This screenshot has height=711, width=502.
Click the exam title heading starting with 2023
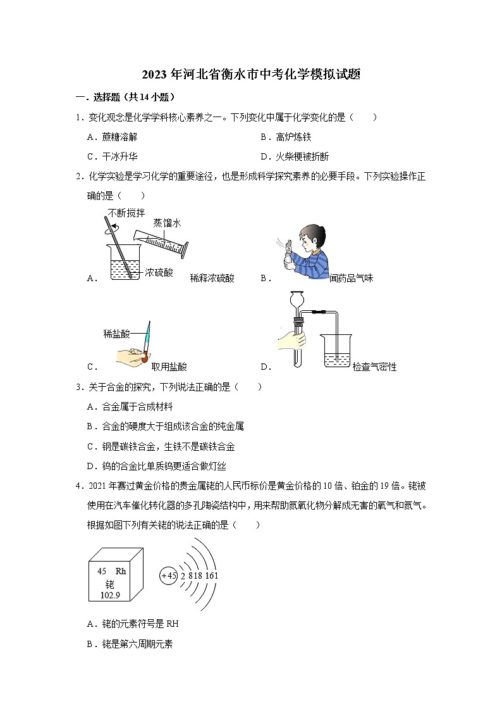point(251,75)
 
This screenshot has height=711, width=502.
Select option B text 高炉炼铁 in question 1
point(294,137)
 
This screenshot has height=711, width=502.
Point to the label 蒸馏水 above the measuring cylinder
point(167,223)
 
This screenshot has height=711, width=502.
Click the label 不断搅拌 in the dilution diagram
point(126,212)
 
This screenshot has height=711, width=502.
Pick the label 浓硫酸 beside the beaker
point(159,273)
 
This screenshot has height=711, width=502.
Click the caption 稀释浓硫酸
point(212,278)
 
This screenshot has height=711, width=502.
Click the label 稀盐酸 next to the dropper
point(118,333)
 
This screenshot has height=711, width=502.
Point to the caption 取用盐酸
point(169,366)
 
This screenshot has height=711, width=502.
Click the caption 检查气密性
point(374,367)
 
